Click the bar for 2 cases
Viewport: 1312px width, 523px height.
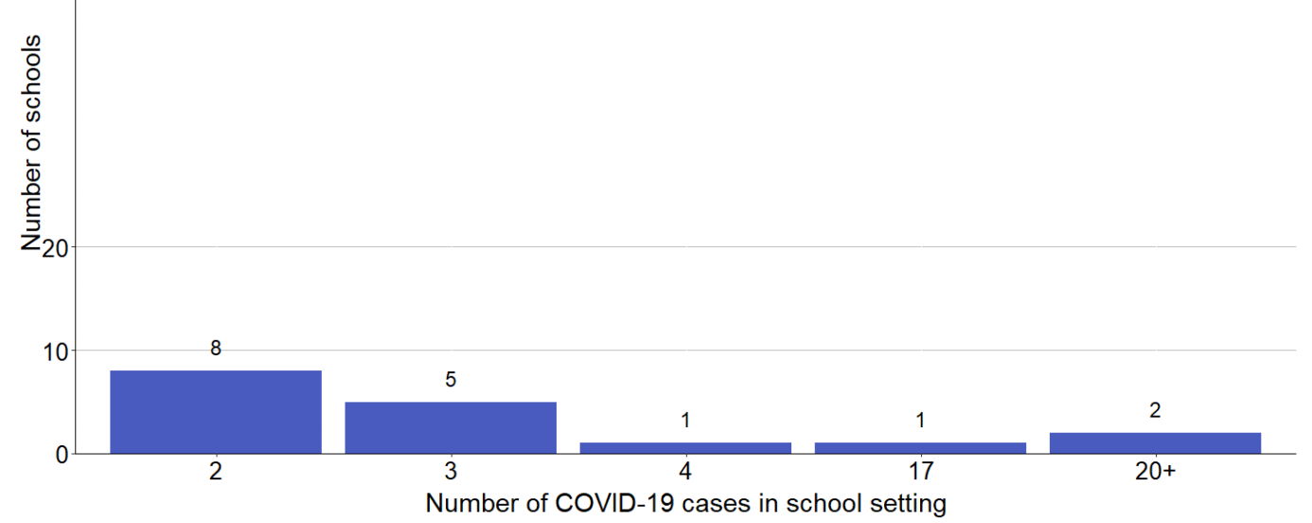point(216,412)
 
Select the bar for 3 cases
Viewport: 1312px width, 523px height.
point(451,428)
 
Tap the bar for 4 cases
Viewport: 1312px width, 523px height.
point(685,448)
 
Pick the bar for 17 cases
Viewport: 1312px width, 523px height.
point(920,448)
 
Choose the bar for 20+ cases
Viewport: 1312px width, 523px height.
point(1155,443)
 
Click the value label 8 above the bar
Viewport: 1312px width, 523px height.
point(216,349)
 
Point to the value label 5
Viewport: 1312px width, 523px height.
point(451,380)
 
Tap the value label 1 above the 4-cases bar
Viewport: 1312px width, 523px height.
point(685,421)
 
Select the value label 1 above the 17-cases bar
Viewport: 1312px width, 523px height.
point(920,421)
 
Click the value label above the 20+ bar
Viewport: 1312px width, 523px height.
point(1155,410)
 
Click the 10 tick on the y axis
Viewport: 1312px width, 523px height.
point(56,352)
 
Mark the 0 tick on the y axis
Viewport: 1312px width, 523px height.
point(62,455)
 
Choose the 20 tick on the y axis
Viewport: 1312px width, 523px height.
point(56,248)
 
